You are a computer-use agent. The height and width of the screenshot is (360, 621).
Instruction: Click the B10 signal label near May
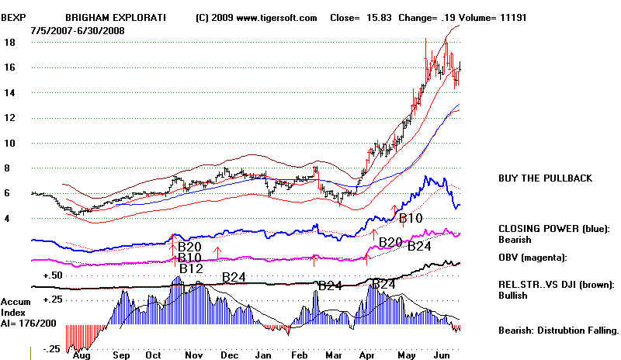click(x=411, y=219)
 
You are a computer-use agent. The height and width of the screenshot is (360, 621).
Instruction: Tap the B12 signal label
click(x=192, y=268)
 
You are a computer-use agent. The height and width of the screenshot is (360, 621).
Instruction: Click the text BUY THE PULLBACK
click(x=545, y=178)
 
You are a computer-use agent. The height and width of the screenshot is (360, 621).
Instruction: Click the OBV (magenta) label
click(x=535, y=257)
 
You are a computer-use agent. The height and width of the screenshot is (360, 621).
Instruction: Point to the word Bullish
click(x=513, y=295)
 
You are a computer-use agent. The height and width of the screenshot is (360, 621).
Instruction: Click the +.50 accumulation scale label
click(x=53, y=275)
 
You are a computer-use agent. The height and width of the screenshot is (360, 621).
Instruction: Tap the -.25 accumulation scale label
click(x=52, y=348)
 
